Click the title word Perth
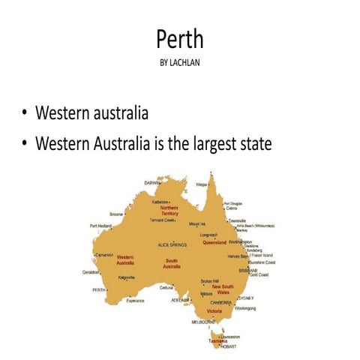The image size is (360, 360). coord(180,39)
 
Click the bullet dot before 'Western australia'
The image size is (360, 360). coord(25,115)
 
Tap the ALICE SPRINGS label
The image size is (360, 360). coord(172,244)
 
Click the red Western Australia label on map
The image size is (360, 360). coord(124,259)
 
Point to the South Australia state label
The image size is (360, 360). coord(172,263)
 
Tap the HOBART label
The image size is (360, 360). coord(229,347)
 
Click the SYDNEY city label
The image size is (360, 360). coord(245,297)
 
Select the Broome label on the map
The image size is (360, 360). coord(116,213)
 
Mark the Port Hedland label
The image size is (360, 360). coord(100,226)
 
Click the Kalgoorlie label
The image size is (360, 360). coord(127,277)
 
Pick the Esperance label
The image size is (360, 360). coord(135,301)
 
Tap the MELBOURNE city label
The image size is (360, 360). coord(203,321)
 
